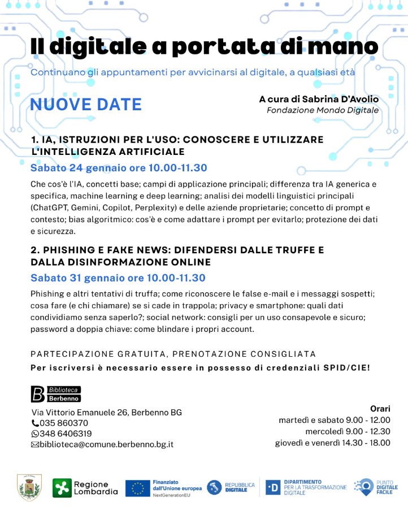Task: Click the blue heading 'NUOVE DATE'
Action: (86, 105)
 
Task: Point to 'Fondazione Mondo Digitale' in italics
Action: (323, 110)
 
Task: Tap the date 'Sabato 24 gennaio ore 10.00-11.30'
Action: (119, 168)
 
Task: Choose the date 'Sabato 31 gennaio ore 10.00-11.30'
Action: (118, 278)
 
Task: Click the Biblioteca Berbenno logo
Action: (55, 394)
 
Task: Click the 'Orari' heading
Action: (380, 408)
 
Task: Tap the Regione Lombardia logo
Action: (85, 487)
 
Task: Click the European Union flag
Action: (137, 487)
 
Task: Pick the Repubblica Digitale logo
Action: (231, 487)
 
